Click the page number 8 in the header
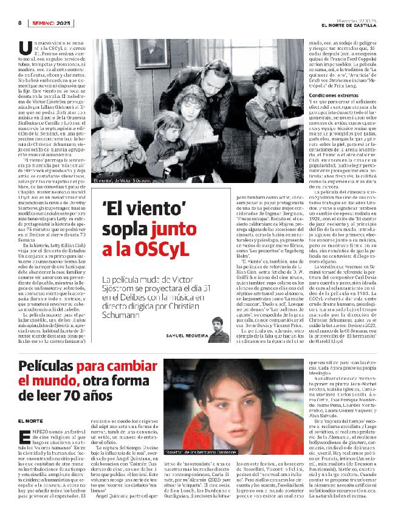coord(19,23)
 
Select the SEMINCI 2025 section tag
coord(52,23)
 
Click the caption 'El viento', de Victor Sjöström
coord(125,181)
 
